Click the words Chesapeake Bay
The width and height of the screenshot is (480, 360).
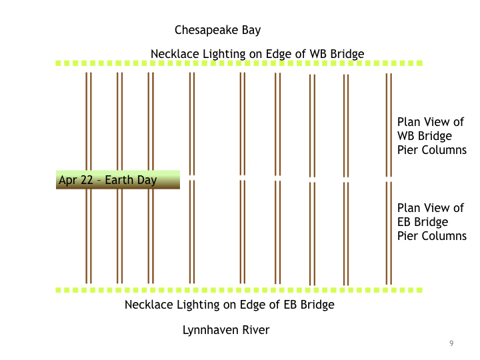(x=217, y=30)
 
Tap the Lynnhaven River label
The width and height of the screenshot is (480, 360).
(x=226, y=330)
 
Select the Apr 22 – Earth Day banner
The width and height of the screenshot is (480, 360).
(x=118, y=180)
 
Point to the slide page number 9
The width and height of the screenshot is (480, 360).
(x=451, y=343)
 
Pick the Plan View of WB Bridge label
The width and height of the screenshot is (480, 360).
(x=431, y=136)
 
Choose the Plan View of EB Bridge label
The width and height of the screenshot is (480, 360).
(x=431, y=222)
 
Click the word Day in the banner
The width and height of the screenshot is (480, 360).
(x=147, y=180)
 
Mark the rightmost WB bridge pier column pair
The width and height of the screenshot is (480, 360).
(x=389, y=125)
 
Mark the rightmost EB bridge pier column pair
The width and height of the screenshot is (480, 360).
(x=389, y=233)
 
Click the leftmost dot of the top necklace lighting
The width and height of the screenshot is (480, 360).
(x=58, y=63)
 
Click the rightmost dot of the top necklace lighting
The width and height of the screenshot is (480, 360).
(x=419, y=63)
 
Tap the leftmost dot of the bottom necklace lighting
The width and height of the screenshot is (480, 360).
(x=58, y=290)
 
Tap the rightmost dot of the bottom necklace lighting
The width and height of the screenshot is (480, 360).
(x=419, y=290)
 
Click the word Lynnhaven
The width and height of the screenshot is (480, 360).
(x=211, y=330)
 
